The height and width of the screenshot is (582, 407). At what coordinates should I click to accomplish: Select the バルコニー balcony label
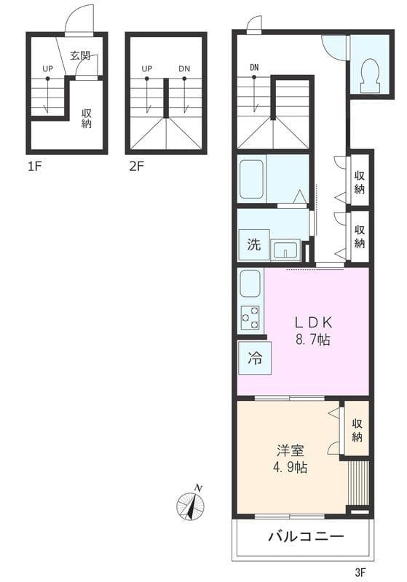pyautogui.click(x=306, y=536)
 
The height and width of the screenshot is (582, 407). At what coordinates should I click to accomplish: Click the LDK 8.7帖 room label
pyautogui.click(x=313, y=331)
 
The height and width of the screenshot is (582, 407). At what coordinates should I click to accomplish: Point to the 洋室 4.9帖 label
pyautogui.click(x=291, y=459)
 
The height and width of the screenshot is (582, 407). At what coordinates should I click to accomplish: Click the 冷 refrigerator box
pyautogui.click(x=255, y=358)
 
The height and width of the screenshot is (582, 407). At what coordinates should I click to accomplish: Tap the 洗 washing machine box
pyautogui.click(x=254, y=244)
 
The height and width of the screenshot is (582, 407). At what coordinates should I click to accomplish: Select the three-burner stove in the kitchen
pyautogui.click(x=250, y=317)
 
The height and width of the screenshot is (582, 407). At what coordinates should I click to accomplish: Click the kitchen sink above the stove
pyautogui.click(x=250, y=284)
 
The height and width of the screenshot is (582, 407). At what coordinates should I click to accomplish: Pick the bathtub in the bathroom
pyautogui.click(x=251, y=179)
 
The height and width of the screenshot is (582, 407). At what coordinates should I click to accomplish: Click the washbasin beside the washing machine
pyautogui.click(x=285, y=250)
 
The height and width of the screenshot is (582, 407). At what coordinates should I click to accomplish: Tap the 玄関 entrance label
pyautogui.click(x=80, y=56)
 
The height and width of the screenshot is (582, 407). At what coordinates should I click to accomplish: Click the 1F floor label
pyautogui.click(x=34, y=167)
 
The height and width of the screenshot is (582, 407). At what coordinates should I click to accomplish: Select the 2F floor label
pyautogui.click(x=136, y=167)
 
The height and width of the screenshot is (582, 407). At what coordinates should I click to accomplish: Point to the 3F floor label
pyautogui.click(x=360, y=573)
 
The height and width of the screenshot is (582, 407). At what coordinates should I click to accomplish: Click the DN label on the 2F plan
pyautogui.click(x=184, y=68)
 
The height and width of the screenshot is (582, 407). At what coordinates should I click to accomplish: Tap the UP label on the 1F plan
pyautogui.click(x=47, y=68)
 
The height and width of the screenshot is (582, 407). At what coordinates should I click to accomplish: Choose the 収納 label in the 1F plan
pyautogui.click(x=87, y=119)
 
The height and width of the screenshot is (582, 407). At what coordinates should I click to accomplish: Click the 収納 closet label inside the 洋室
pyautogui.click(x=357, y=431)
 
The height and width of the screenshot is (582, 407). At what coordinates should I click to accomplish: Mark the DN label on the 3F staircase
pyautogui.click(x=254, y=68)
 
